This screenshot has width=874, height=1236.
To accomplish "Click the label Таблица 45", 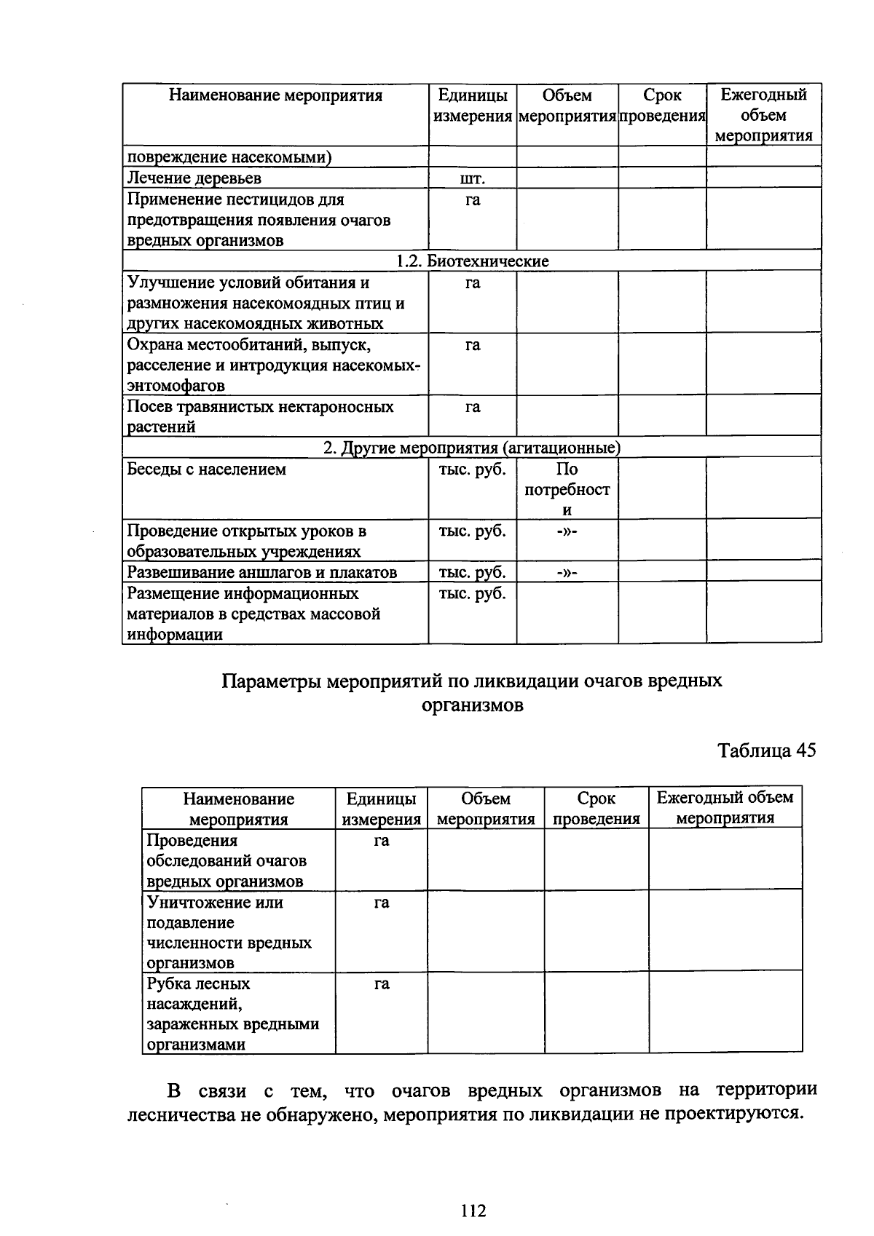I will coord(766,750).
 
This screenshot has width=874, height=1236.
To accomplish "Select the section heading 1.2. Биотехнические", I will coord(472,261).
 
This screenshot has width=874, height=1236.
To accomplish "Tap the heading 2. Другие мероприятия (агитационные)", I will coord(471,448).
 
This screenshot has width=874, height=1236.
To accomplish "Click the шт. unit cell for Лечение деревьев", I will coord(472,178).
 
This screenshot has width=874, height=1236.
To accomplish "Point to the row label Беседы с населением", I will coord(207,470).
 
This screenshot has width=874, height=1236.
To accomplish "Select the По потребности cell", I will coord(567,489).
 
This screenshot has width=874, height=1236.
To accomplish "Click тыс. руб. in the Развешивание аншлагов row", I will coord(472,572).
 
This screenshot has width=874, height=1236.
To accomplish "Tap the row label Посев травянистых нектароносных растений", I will coord(260,416).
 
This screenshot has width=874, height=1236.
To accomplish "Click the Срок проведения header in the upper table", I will coord(662,106).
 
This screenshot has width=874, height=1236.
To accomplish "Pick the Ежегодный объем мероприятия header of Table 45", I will coord(725,807).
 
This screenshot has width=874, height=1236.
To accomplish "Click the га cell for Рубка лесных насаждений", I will coord(381,984).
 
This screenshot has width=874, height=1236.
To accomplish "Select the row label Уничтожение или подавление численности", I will coord(229,932).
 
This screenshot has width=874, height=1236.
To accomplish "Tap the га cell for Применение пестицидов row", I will coord(472,199).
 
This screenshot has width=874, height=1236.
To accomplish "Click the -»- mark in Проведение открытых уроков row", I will coord(567,531).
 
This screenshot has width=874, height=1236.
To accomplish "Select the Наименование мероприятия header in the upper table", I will coord(275,95).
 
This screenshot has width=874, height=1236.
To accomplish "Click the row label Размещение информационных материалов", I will coord(253,614).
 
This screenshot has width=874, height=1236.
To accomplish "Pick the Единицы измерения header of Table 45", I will coord(381,809).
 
